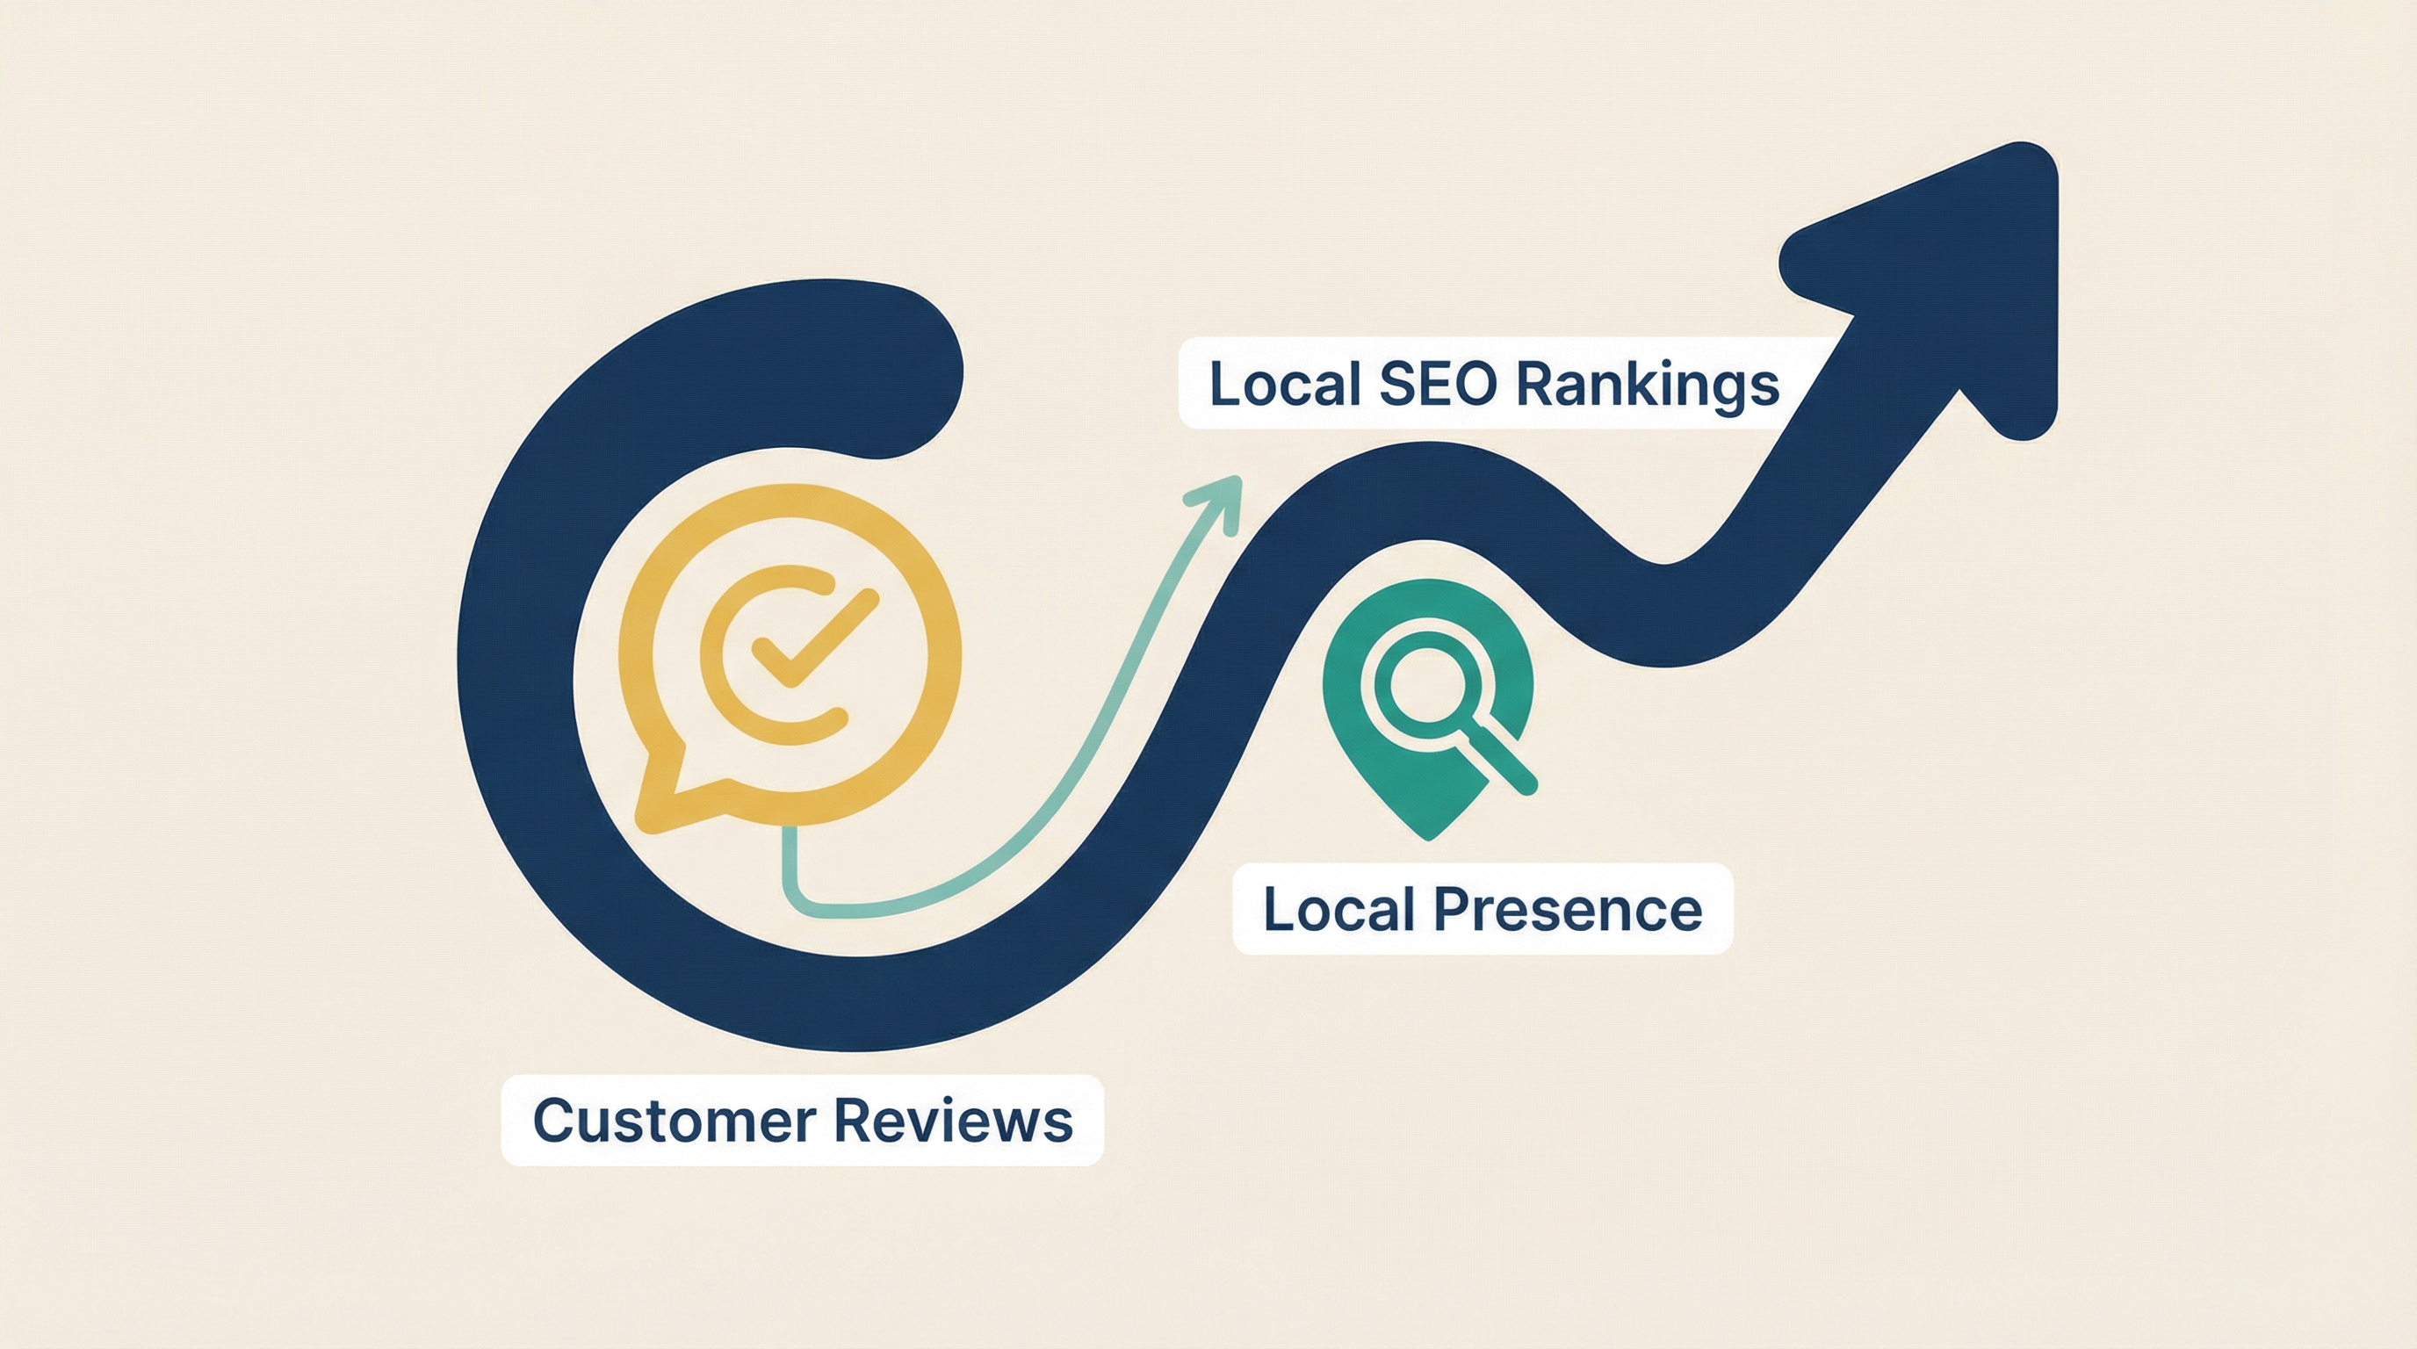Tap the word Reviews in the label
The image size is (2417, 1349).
(952, 1120)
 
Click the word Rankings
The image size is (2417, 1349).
(1648, 385)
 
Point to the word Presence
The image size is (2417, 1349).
(1568, 909)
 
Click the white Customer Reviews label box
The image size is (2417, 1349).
(802, 1120)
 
